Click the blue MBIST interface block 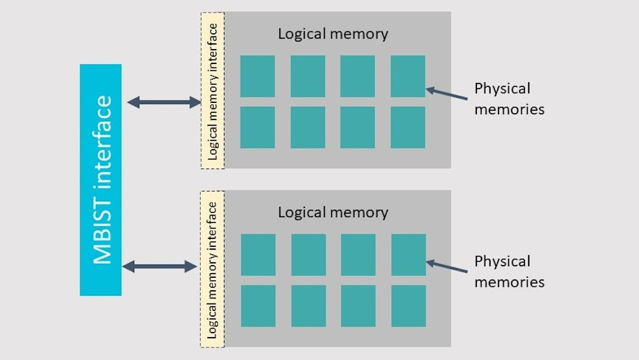101,179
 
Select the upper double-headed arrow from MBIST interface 163,103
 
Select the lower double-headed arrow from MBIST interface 160,266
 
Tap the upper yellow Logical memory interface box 212,90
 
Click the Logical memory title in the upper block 333,34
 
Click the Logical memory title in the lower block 333,213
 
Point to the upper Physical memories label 509,99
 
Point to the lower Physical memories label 509,271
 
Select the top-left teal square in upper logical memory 257,76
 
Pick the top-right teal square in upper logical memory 408,76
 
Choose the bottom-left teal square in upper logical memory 257,127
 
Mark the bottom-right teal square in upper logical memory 408,127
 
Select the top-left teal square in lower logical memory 258,255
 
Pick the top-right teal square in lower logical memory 408,255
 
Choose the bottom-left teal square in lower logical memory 258,306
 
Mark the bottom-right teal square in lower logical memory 408,306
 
